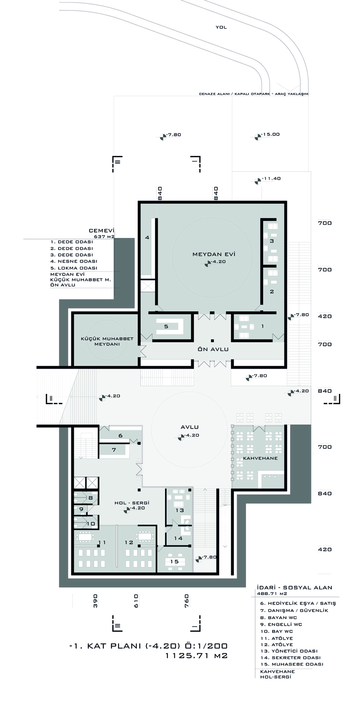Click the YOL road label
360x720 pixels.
tap(221, 27)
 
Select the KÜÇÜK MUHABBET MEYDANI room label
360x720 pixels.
tap(107, 341)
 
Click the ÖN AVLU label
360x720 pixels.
tap(213, 349)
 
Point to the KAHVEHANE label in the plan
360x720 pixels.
tap(260, 458)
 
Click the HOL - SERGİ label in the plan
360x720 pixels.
tap(132, 503)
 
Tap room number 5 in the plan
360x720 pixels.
tap(166, 327)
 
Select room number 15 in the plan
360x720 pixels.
tap(175, 561)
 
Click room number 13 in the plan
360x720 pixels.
tap(180, 510)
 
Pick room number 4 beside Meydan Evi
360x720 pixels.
tap(147, 238)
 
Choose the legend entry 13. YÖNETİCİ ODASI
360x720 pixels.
tap(289, 651)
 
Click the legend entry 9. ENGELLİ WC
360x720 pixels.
tap(281, 624)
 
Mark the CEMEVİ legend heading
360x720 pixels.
tap(102, 231)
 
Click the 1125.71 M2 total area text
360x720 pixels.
tap(196, 656)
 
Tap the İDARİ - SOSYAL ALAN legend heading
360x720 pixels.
tap(294, 588)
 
